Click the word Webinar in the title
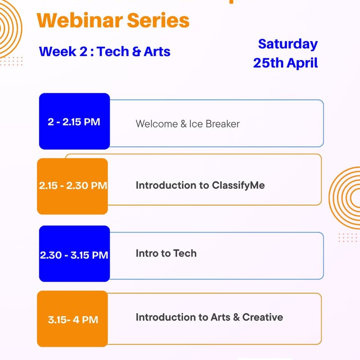[77, 20]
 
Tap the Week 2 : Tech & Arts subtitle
[104, 51]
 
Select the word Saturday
[288, 44]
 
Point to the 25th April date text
[285, 63]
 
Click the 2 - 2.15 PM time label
[74, 121]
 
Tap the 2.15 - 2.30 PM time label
[73, 185]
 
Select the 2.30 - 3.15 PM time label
[74, 255]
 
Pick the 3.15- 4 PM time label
[73, 320]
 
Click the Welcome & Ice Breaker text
[188, 124]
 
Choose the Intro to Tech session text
[166, 253]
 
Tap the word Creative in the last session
[263, 317]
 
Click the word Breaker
[223, 124]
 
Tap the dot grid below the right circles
[347, 238]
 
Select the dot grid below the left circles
[11, 61]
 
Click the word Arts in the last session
[220, 317]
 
